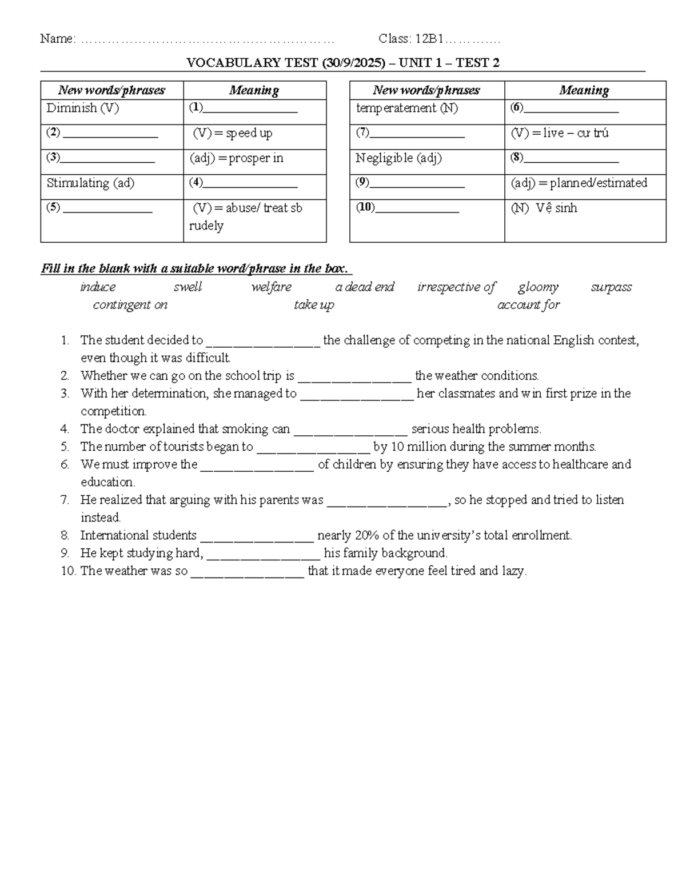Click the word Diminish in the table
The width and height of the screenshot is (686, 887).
click(x=72, y=109)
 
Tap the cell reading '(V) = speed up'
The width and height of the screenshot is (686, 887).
click(x=232, y=134)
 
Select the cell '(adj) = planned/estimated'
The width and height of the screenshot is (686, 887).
click(x=579, y=183)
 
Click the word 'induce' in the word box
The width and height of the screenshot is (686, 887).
click(x=98, y=287)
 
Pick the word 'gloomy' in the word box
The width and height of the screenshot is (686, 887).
click(x=538, y=287)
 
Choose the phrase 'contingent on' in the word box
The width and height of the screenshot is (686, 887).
click(x=130, y=305)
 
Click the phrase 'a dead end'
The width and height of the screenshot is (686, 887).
click(x=365, y=287)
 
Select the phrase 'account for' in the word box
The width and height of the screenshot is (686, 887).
click(x=528, y=305)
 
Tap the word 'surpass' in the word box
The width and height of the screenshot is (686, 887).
click(x=611, y=287)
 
